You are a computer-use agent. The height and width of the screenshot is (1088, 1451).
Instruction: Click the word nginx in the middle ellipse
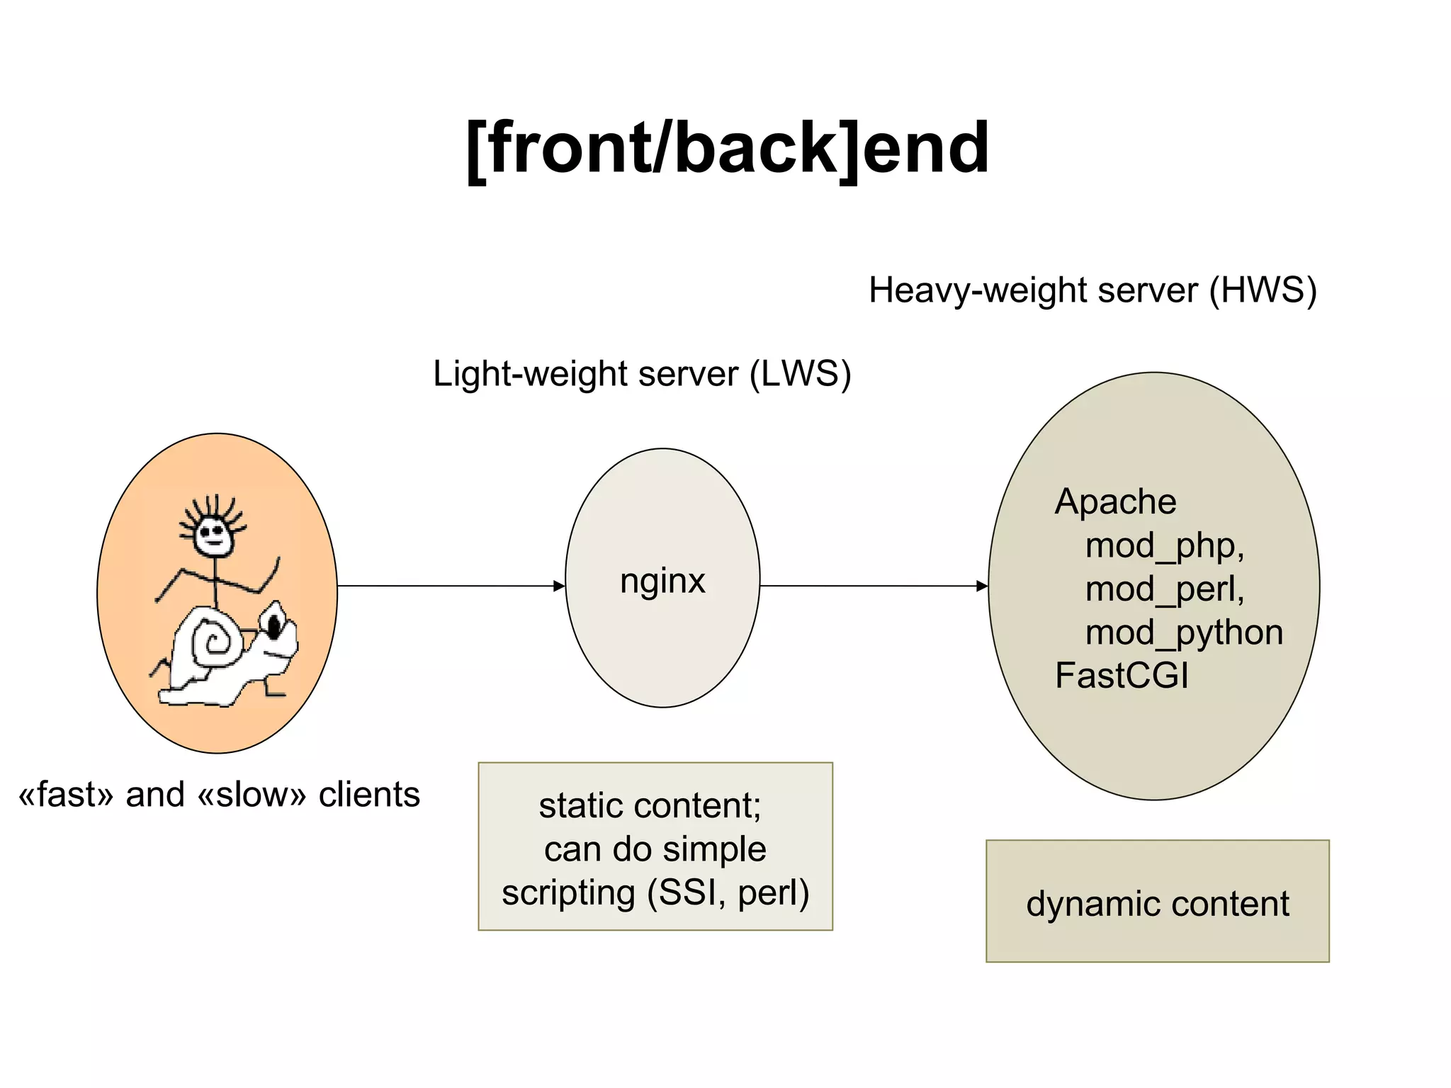(x=662, y=581)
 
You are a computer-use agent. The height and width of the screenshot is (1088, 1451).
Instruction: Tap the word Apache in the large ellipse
(x=1115, y=501)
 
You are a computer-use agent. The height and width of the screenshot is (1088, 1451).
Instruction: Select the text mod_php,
(x=1165, y=545)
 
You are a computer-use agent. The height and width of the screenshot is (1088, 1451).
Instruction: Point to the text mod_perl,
(x=1165, y=589)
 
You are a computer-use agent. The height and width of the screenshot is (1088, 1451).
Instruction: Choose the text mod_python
(x=1184, y=632)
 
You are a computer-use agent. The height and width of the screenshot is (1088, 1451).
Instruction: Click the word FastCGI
(x=1121, y=675)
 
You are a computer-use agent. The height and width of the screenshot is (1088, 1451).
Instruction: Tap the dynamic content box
(x=1157, y=902)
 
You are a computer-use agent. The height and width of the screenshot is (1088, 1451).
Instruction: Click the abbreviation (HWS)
(x=1263, y=290)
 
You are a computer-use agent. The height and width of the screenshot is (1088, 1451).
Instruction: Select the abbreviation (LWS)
(x=800, y=373)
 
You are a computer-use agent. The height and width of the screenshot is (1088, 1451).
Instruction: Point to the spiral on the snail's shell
(x=213, y=643)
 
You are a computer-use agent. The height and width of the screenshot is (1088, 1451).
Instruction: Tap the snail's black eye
(x=273, y=626)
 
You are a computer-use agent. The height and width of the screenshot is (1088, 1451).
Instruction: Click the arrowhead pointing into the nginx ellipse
(x=559, y=586)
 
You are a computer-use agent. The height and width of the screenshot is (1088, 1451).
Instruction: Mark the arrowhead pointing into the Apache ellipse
(x=982, y=586)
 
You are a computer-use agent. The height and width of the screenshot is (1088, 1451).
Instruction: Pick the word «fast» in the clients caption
(x=66, y=795)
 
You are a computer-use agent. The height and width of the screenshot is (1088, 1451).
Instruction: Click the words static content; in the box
(x=650, y=805)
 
